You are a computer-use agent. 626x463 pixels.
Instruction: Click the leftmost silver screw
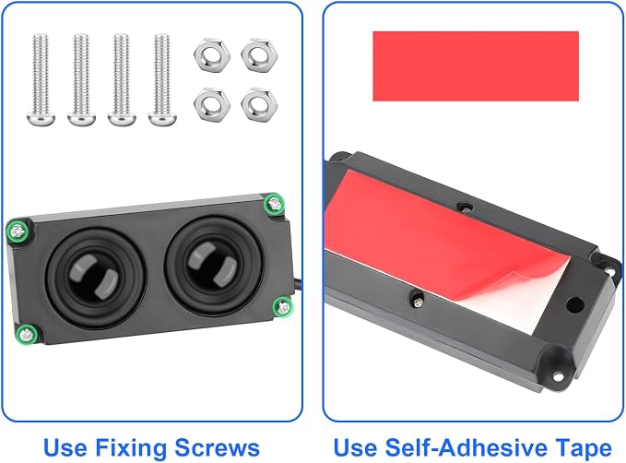[x=41, y=80]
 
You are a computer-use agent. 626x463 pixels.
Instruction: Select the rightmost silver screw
[x=162, y=80]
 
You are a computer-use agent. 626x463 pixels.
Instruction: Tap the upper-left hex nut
[x=212, y=55]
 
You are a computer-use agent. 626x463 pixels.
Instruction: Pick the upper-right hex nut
[x=259, y=55]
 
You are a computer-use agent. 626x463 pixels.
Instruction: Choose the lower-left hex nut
[x=212, y=104]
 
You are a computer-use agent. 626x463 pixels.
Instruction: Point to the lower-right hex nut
[x=259, y=104]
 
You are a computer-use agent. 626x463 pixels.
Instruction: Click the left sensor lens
[x=95, y=278]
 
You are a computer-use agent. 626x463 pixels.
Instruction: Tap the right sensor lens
[x=214, y=265]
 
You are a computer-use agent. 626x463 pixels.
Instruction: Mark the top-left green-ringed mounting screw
[x=18, y=231]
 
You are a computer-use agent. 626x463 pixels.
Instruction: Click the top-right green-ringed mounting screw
[x=274, y=204]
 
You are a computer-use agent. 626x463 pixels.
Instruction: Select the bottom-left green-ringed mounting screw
[x=27, y=335]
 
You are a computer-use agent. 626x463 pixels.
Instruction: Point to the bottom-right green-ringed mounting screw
[x=283, y=307]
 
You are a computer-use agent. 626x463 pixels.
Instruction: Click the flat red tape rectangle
[x=476, y=65]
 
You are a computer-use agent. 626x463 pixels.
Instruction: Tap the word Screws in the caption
[x=218, y=448]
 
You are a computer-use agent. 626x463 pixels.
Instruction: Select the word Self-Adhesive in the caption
[x=466, y=448]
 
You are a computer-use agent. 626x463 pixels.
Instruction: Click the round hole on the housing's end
[x=574, y=305]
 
